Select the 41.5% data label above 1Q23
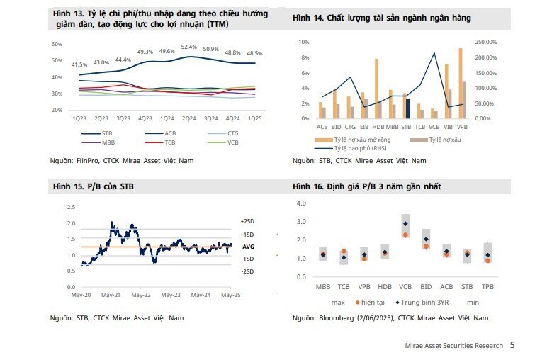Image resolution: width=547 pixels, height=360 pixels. [79, 64]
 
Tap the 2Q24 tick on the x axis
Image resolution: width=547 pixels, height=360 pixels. [188, 118]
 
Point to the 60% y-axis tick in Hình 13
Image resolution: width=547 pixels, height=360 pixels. [57, 44]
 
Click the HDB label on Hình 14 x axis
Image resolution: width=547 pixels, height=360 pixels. [378, 126]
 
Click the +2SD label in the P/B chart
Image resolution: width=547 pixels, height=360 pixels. [247, 221]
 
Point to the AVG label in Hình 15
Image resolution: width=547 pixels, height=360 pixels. [248, 247]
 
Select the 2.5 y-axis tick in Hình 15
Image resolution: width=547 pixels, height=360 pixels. [71, 208]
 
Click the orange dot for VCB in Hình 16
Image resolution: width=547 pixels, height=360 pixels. [405, 235]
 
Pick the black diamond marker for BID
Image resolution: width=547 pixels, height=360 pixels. [426, 239]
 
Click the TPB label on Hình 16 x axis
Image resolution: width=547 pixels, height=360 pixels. [487, 288]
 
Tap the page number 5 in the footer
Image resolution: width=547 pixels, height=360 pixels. [512, 345]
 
